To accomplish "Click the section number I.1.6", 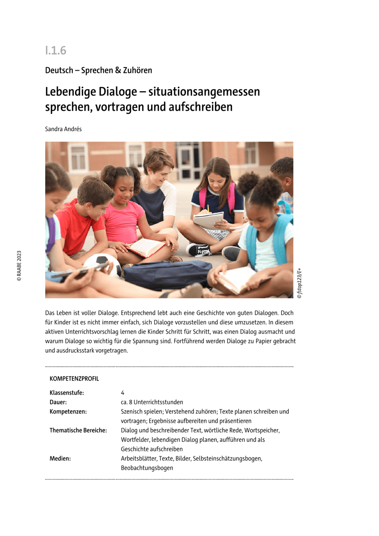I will (x=55, y=50).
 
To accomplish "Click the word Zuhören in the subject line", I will (x=137, y=70).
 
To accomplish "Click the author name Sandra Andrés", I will (x=63, y=129).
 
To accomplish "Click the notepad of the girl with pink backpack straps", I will (x=208, y=220).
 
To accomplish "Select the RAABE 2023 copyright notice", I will (x=19, y=265).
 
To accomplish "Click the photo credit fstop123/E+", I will (x=299, y=281).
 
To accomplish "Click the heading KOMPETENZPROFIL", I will (x=74, y=379).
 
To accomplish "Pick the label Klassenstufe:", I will (x=67, y=393).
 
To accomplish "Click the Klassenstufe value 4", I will (x=122, y=393).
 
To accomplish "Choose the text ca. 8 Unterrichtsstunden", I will (x=152, y=402).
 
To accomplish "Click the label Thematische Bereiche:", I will (x=78, y=431).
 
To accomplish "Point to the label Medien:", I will (x=60, y=459).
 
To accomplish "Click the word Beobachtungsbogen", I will (x=147, y=468).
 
